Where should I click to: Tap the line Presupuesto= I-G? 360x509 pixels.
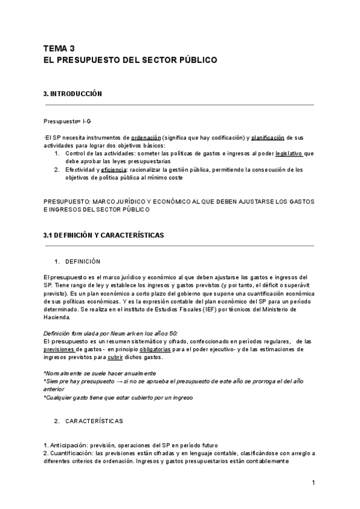pyautogui.click(x=67, y=121)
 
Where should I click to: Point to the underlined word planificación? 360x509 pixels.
pyautogui.click(x=268, y=137)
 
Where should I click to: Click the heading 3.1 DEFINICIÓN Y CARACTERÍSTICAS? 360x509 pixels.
pyautogui.click(x=103, y=235)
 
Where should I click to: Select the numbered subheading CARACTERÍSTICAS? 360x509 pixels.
pyautogui.click(x=94, y=421)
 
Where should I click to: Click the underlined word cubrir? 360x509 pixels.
pyautogui.click(x=116, y=357)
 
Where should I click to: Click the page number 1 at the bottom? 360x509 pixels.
pyautogui.click(x=314, y=483)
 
